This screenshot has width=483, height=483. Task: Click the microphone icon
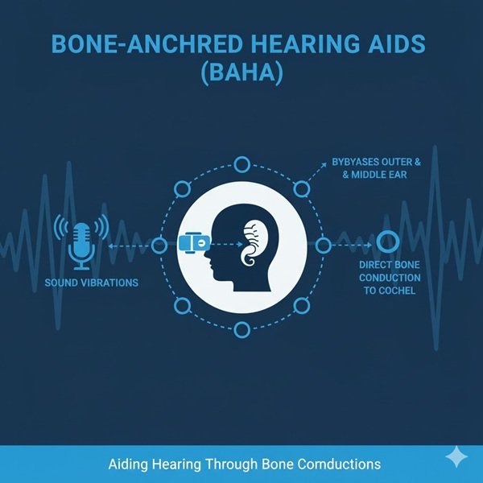point(81,246)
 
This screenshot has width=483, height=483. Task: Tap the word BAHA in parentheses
point(242,72)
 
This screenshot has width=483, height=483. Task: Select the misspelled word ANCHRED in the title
point(185,43)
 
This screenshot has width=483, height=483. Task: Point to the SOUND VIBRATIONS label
point(92,283)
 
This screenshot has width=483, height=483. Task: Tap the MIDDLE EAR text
point(379,175)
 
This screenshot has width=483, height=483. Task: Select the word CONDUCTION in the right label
point(390,278)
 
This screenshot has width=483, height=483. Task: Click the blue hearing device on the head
point(194,243)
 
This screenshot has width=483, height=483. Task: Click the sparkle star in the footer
point(456,456)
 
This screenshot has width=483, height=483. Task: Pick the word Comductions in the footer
point(339,464)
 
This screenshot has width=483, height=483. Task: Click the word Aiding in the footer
point(128,464)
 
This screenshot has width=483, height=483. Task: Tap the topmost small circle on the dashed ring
point(242,164)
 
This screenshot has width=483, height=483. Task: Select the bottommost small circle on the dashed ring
point(242,330)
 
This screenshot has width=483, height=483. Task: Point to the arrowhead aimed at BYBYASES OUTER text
point(324,165)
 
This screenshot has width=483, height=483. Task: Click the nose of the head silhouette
point(207,256)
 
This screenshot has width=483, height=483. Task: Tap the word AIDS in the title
point(396,43)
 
